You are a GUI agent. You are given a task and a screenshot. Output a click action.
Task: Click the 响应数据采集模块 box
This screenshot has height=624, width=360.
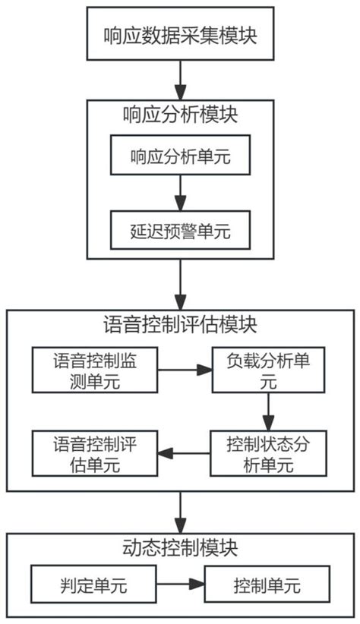click(179, 34)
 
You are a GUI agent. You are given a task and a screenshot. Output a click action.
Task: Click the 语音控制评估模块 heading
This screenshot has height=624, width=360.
click(179, 326)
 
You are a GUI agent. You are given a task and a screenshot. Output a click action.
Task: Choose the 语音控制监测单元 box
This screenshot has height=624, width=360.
click(93, 370)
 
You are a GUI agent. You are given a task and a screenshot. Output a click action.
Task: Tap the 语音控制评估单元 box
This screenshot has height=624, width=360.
click(93, 453)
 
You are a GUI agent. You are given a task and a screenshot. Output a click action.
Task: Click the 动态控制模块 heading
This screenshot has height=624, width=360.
click(179, 547)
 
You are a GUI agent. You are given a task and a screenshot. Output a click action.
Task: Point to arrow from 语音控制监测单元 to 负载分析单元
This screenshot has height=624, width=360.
click(184, 370)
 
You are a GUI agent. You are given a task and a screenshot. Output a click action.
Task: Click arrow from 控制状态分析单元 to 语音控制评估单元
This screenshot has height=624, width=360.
click(184, 453)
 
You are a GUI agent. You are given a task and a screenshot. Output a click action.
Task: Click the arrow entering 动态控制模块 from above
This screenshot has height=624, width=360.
click(179, 512)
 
